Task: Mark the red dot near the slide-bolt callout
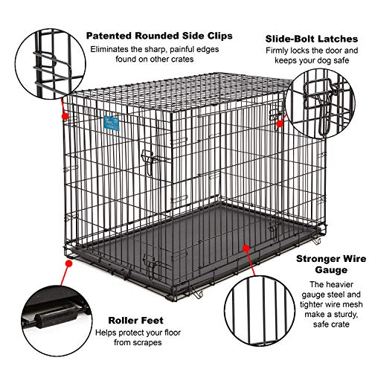click(280, 123)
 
